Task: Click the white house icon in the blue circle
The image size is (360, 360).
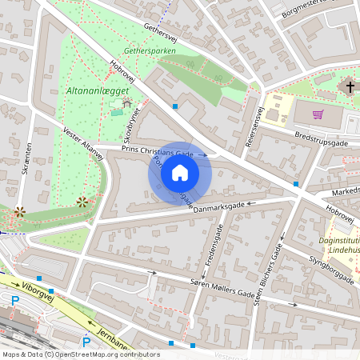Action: point(180,173)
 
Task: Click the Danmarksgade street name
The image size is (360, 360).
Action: point(218,206)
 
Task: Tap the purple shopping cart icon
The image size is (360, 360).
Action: point(318,114)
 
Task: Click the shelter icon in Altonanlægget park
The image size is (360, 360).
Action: point(126,104)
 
